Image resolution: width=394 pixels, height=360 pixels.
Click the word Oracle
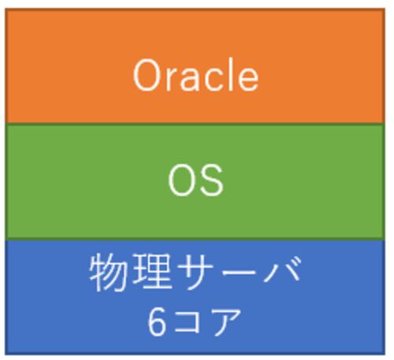(x=196, y=75)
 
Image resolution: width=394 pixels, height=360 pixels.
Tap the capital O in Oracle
(x=147, y=76)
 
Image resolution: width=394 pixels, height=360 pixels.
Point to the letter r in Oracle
(x=172, y=79)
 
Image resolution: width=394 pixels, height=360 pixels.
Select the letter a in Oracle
(x=191, y=80)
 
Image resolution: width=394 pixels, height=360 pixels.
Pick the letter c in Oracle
(x=213, y=80)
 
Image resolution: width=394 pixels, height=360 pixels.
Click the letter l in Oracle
(x=230, y=75)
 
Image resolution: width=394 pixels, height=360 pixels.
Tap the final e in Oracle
(x=248, y=80)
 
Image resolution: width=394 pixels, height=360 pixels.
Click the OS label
(x=196, y=180)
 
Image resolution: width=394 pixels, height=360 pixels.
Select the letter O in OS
(x=182, y=180)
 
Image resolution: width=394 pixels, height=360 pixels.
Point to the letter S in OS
(x=212, y=180)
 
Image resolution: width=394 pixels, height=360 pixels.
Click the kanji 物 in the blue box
(x=108, y=273)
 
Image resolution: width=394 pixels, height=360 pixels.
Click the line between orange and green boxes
(x=195, y=124)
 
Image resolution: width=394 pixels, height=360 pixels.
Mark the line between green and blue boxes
(x=195, y=239)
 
